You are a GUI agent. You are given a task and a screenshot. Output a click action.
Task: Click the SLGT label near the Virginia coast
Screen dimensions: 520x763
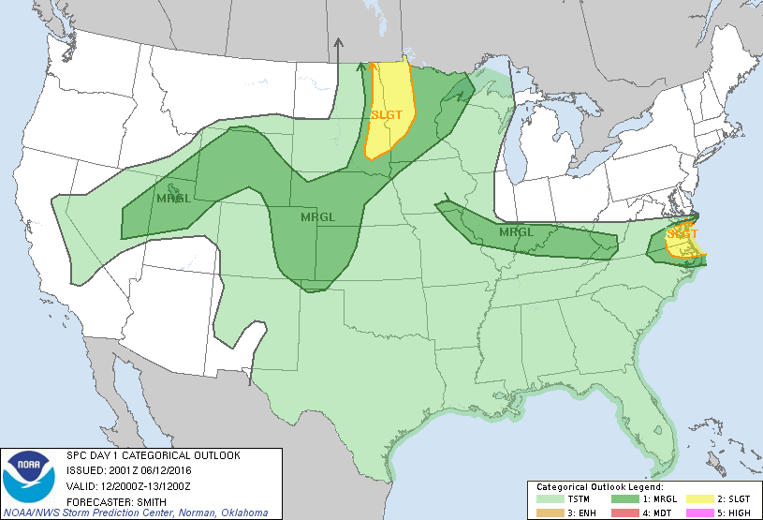tap(682, 233)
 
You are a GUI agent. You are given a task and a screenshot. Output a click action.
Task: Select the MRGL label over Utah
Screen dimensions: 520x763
tap(174, 198)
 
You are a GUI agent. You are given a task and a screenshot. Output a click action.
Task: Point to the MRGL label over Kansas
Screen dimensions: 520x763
tap(317, 217)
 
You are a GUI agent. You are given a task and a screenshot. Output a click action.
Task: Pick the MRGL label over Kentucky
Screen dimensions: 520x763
tap(516, 231)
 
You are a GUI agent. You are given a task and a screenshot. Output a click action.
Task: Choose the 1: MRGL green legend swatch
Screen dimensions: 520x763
tap(624, 499)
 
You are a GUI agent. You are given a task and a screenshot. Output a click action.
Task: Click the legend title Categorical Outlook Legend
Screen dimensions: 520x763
tap(599, 488)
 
